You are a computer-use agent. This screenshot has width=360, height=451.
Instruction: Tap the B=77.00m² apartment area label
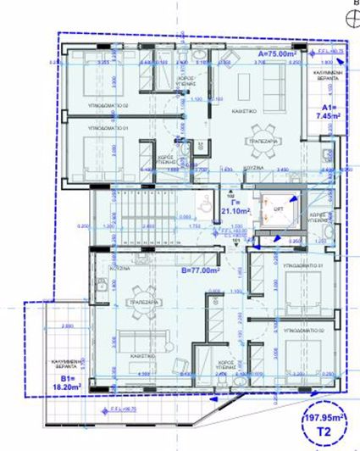pos(201,271)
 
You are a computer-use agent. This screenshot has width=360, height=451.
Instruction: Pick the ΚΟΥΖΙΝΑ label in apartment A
pos(256,170)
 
